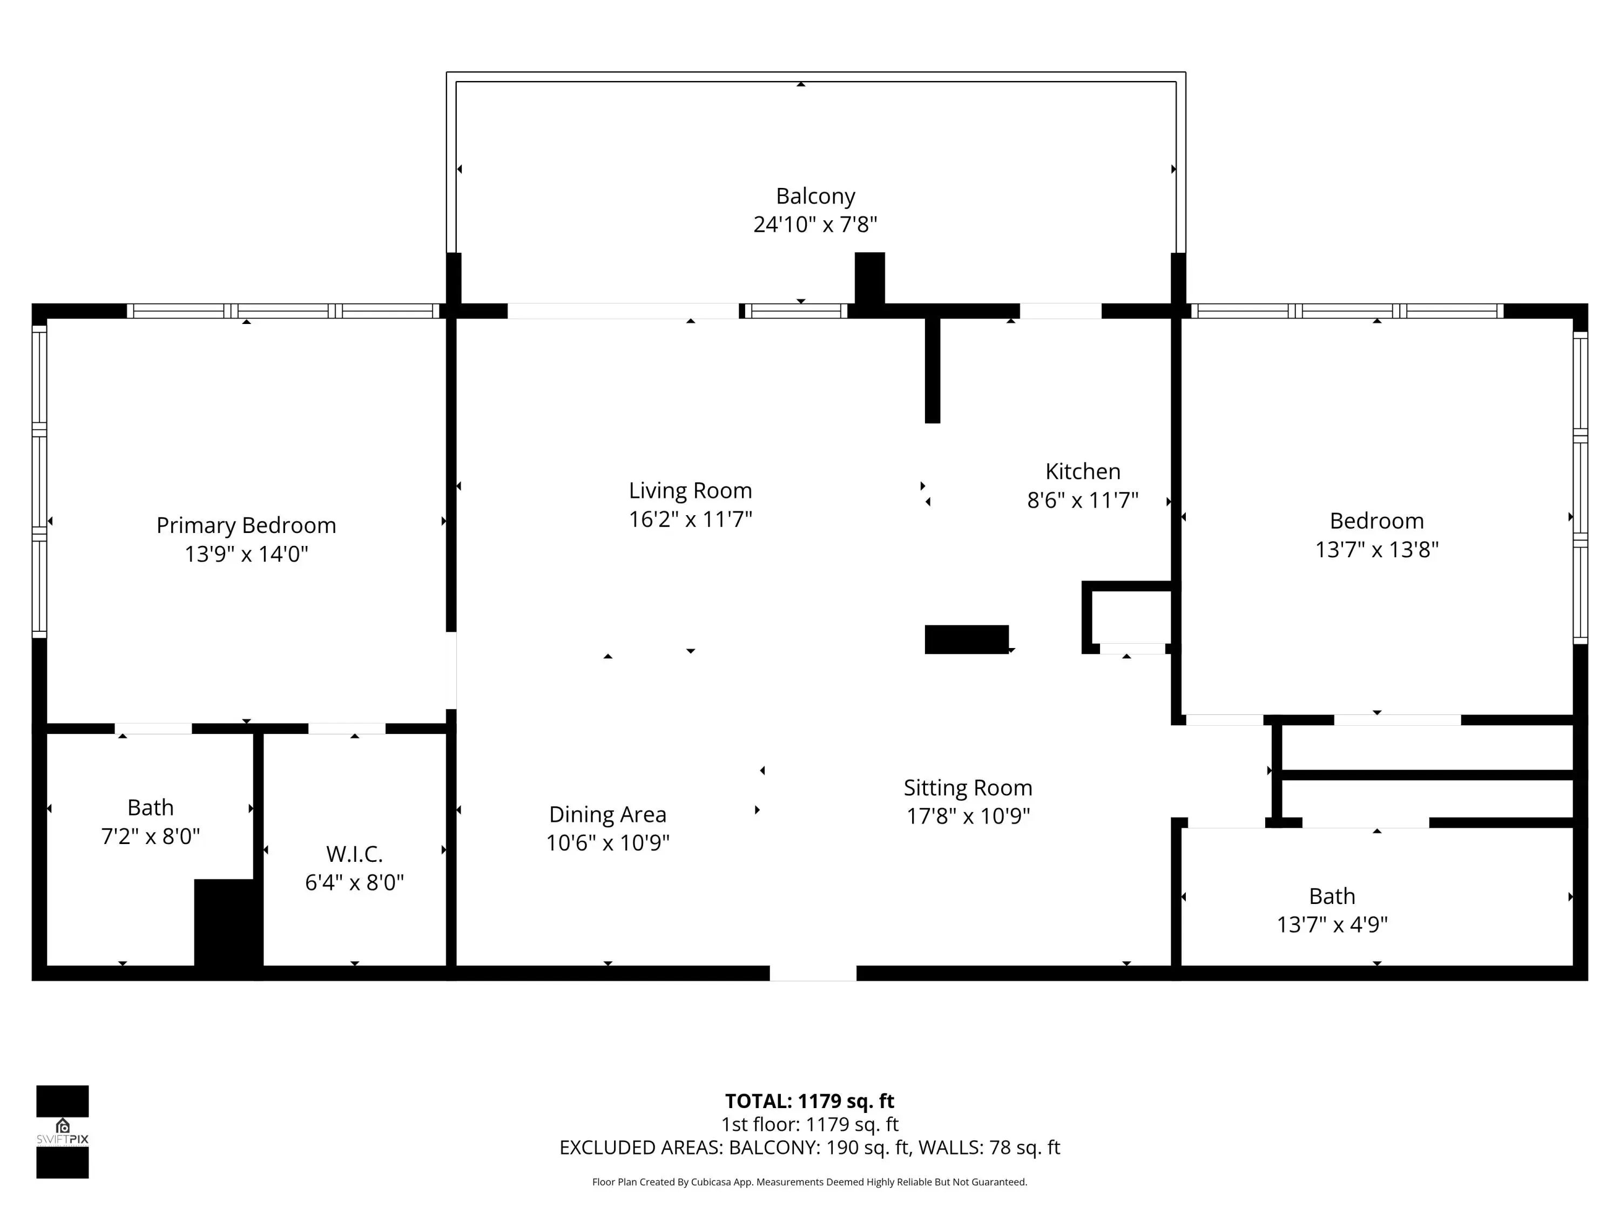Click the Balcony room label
point(815,196)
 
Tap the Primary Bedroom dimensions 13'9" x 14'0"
point(246,553)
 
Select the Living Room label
point(691,491)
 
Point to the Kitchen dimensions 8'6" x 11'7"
point(1083,500)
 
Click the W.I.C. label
point(354,854)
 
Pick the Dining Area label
point(608,814)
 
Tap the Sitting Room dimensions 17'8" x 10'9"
point(968,816)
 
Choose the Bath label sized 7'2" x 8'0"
point(150,807)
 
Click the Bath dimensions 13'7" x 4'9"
point(1332,924)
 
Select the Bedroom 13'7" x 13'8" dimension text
point(1377,549)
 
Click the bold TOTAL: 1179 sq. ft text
point(809,1101)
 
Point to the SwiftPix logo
point(62,1131)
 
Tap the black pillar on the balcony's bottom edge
point(870,278)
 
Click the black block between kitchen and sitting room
point(967,639)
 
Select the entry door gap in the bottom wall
point(813,973)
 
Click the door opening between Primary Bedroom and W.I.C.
point(347,728)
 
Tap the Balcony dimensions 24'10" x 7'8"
point(815,224)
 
